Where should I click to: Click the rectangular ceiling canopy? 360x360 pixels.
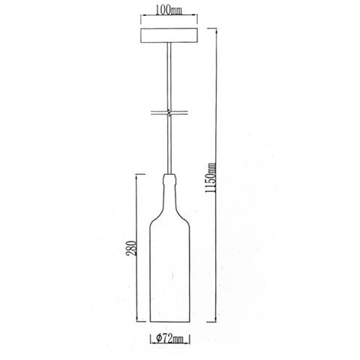click(x=171, y=36)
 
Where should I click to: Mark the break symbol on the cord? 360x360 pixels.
click(x=171, y=114)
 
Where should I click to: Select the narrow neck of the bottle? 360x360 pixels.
click(x=171, y=184)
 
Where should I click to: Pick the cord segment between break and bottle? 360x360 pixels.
click(x=171, y=146)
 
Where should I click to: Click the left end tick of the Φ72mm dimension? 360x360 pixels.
click(x=151, y=339)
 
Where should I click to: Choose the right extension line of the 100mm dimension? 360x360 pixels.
click(x=199, y=18)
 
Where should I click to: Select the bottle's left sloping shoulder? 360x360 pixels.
click(x=157, y=209)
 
